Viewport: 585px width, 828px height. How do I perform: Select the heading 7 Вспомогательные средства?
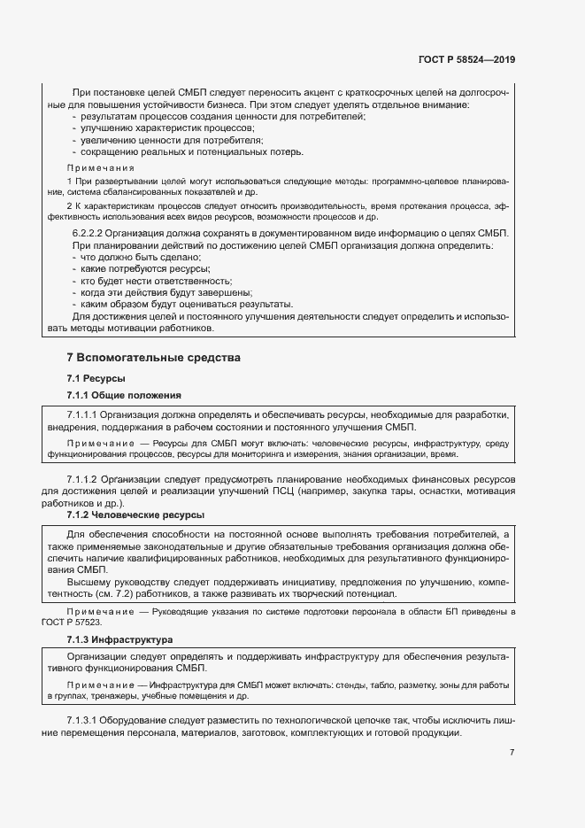point(153,358)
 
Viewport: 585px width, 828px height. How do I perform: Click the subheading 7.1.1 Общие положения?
point(124,395)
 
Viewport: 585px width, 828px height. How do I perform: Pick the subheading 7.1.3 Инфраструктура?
point(119,639)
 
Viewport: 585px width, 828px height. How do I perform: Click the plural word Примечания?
point(101,167)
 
